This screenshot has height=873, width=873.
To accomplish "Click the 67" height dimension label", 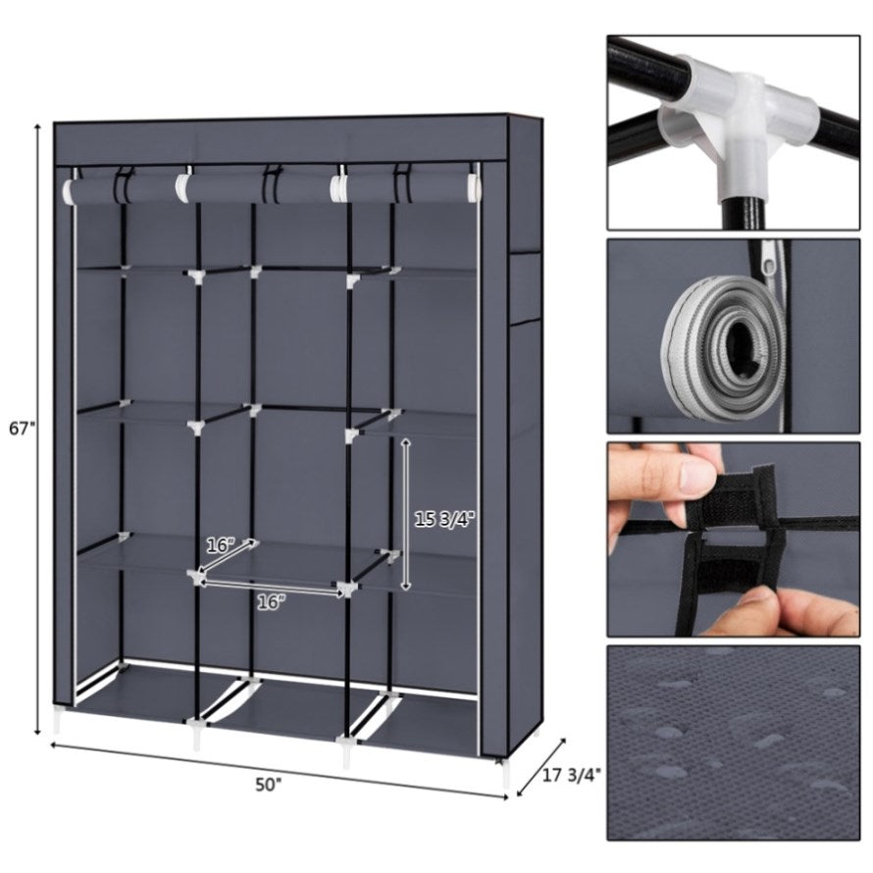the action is click(x=23, y=428).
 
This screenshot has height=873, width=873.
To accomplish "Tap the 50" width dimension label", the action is click(x=269, y=786).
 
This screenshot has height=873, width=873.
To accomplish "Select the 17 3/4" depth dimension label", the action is click(x=572, y=775).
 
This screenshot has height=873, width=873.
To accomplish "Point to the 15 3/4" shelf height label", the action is click(x=443, y=520).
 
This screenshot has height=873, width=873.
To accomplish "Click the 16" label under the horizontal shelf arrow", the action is click(x=271, y=602).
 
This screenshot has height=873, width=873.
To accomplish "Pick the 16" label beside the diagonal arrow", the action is click(x=221, y=545).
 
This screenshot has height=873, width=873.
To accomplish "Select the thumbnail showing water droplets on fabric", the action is click(x=734, y=743).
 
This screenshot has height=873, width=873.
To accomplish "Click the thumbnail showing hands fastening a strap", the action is click(x=734, y=539).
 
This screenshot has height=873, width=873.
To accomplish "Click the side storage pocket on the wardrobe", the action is click(x=525, y=287).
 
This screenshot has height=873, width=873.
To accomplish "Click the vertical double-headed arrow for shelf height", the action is click(x=406, y=514).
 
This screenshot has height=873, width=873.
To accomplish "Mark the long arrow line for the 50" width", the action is click(x=280, y=771).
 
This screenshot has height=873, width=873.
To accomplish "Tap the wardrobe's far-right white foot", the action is click(x=504, y=773).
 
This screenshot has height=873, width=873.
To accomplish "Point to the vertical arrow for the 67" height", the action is click(x=37, y=429).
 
